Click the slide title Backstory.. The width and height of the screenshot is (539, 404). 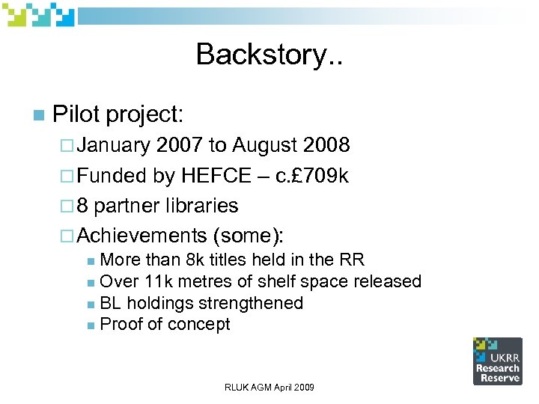[269, 54]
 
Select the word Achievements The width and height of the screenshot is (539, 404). [141, 236]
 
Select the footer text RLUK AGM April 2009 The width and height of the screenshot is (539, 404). [269, 387]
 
